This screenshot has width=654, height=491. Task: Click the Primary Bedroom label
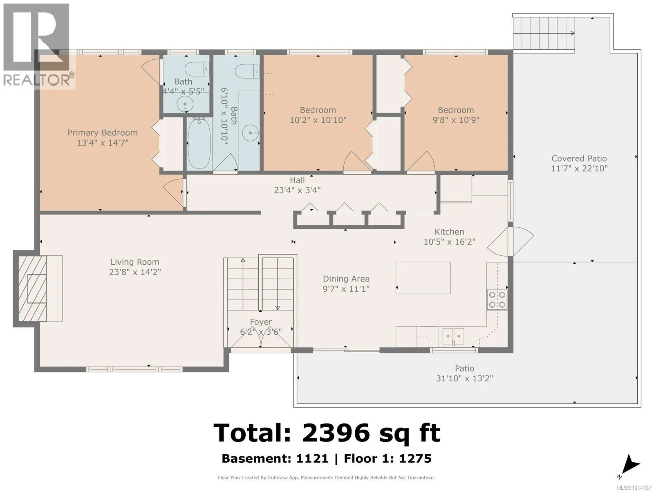click(x=103, y=133)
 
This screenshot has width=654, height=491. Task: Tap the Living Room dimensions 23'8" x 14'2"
click(x=135, y=272)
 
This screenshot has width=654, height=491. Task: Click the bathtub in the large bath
click(x=199, y=143)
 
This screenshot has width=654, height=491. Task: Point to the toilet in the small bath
click(x=197, y=69)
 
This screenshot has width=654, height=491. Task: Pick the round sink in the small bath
click(x=185, y=104)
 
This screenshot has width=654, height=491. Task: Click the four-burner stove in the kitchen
click(x=497, y=300)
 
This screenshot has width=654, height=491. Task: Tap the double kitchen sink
click(x=453, y=336)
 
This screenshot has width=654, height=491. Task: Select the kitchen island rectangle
click(x=423, y=278)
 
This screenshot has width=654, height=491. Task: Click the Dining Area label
click(x=346, y=279)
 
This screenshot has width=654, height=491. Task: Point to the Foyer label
click(x=261, y=322)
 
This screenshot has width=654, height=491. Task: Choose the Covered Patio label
click(x=579, y=158)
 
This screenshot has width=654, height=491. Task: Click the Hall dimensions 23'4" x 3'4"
click(x=297, y=190)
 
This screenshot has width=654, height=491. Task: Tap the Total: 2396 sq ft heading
click(x=327, y=433)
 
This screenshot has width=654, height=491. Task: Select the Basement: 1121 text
click(x=275, y=459)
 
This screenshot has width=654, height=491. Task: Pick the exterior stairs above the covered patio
click(x=544, y=34)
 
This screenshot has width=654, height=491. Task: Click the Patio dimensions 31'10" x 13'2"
click(x=464, y=378)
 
